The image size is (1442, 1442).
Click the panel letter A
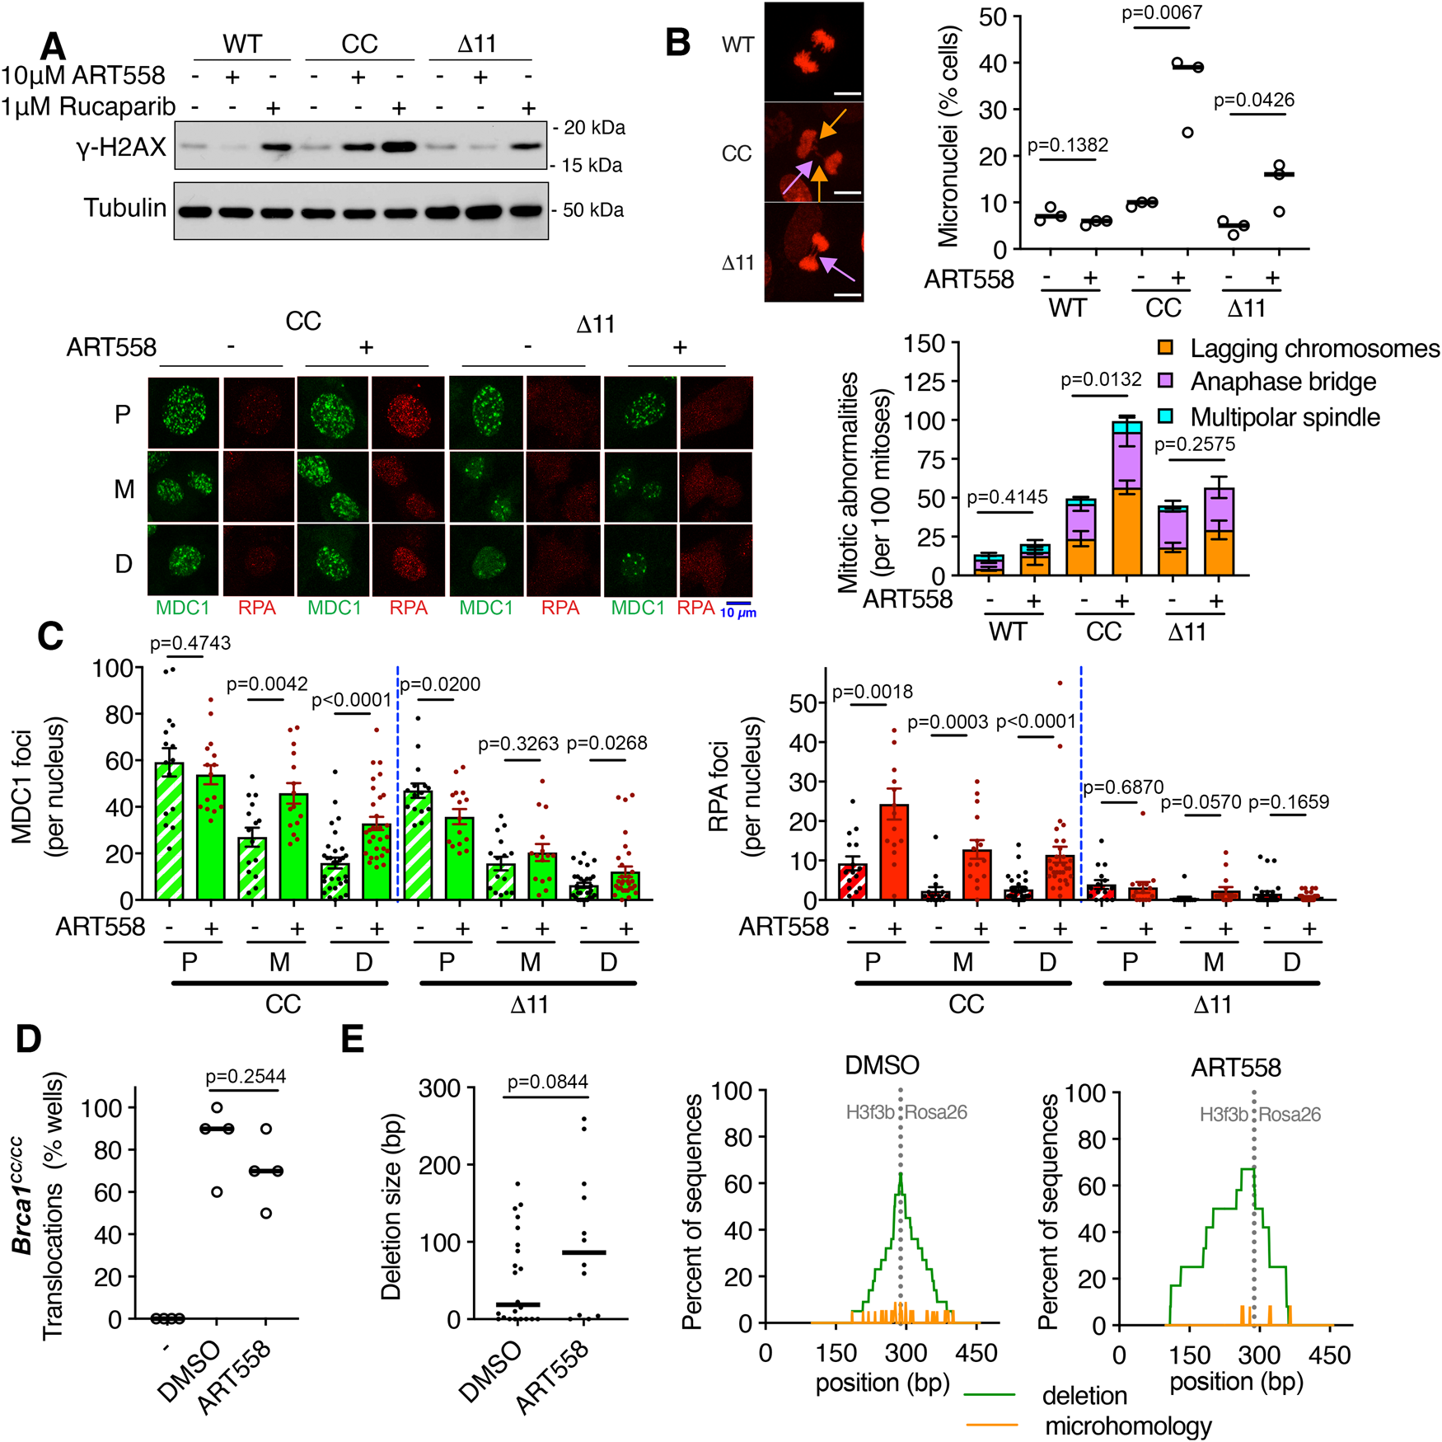point(53,46)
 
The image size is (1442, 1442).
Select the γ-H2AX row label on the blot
point(121,148)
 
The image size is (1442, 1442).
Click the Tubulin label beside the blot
point(124,208)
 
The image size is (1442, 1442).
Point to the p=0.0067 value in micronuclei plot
point(1162,13)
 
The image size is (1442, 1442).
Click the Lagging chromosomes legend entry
point(1314,349)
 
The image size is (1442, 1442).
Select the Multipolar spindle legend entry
point(1285,417)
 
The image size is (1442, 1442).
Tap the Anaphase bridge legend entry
point(1283,382)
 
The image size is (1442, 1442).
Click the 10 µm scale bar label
point(738,613)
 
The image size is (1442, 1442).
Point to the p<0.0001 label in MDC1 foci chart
point(352,700)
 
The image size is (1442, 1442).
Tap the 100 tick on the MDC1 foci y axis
point(112,669)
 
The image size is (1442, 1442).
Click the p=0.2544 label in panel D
point(246,1076)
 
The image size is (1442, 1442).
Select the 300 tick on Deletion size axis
point(439,1088)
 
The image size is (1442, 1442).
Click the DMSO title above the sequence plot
point(881,1065)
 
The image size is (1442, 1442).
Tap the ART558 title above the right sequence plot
point(1235,1068)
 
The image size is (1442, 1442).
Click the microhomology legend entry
point(1127,1426)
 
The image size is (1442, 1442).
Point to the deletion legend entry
point(1084,1396)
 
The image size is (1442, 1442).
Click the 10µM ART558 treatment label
point(82,76)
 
